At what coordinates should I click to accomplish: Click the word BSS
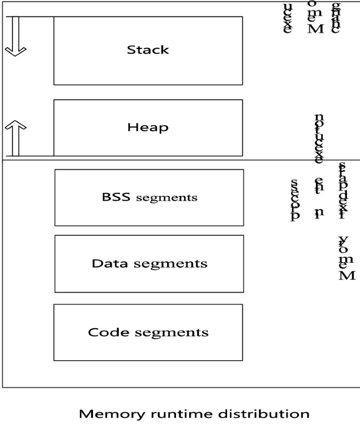(x=112, y=197)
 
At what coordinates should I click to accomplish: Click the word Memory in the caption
(x=109, y=414)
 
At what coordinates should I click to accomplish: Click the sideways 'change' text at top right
(x=335, y=17)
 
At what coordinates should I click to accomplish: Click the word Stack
(x=148, y=50)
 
